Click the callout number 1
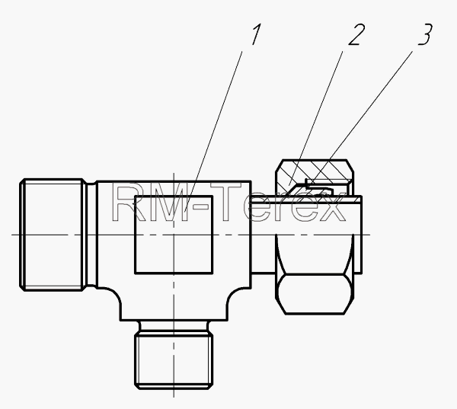pos(256,34)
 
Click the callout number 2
pos(356,34)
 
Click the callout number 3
pos(425,34)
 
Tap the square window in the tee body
pos(174,235)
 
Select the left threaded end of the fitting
pos(53,235)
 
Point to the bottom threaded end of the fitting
pos(174,362)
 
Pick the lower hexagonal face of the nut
pos(315,294)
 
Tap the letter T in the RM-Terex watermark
pos(226,201)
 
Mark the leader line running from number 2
pos(315,118)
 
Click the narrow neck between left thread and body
pos(91,235)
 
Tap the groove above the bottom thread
pos(174,328)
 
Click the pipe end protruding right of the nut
pos(358,235)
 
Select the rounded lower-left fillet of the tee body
pos(113,297)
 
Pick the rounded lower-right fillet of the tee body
pos(235,297)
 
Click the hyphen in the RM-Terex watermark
pos(201,207)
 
